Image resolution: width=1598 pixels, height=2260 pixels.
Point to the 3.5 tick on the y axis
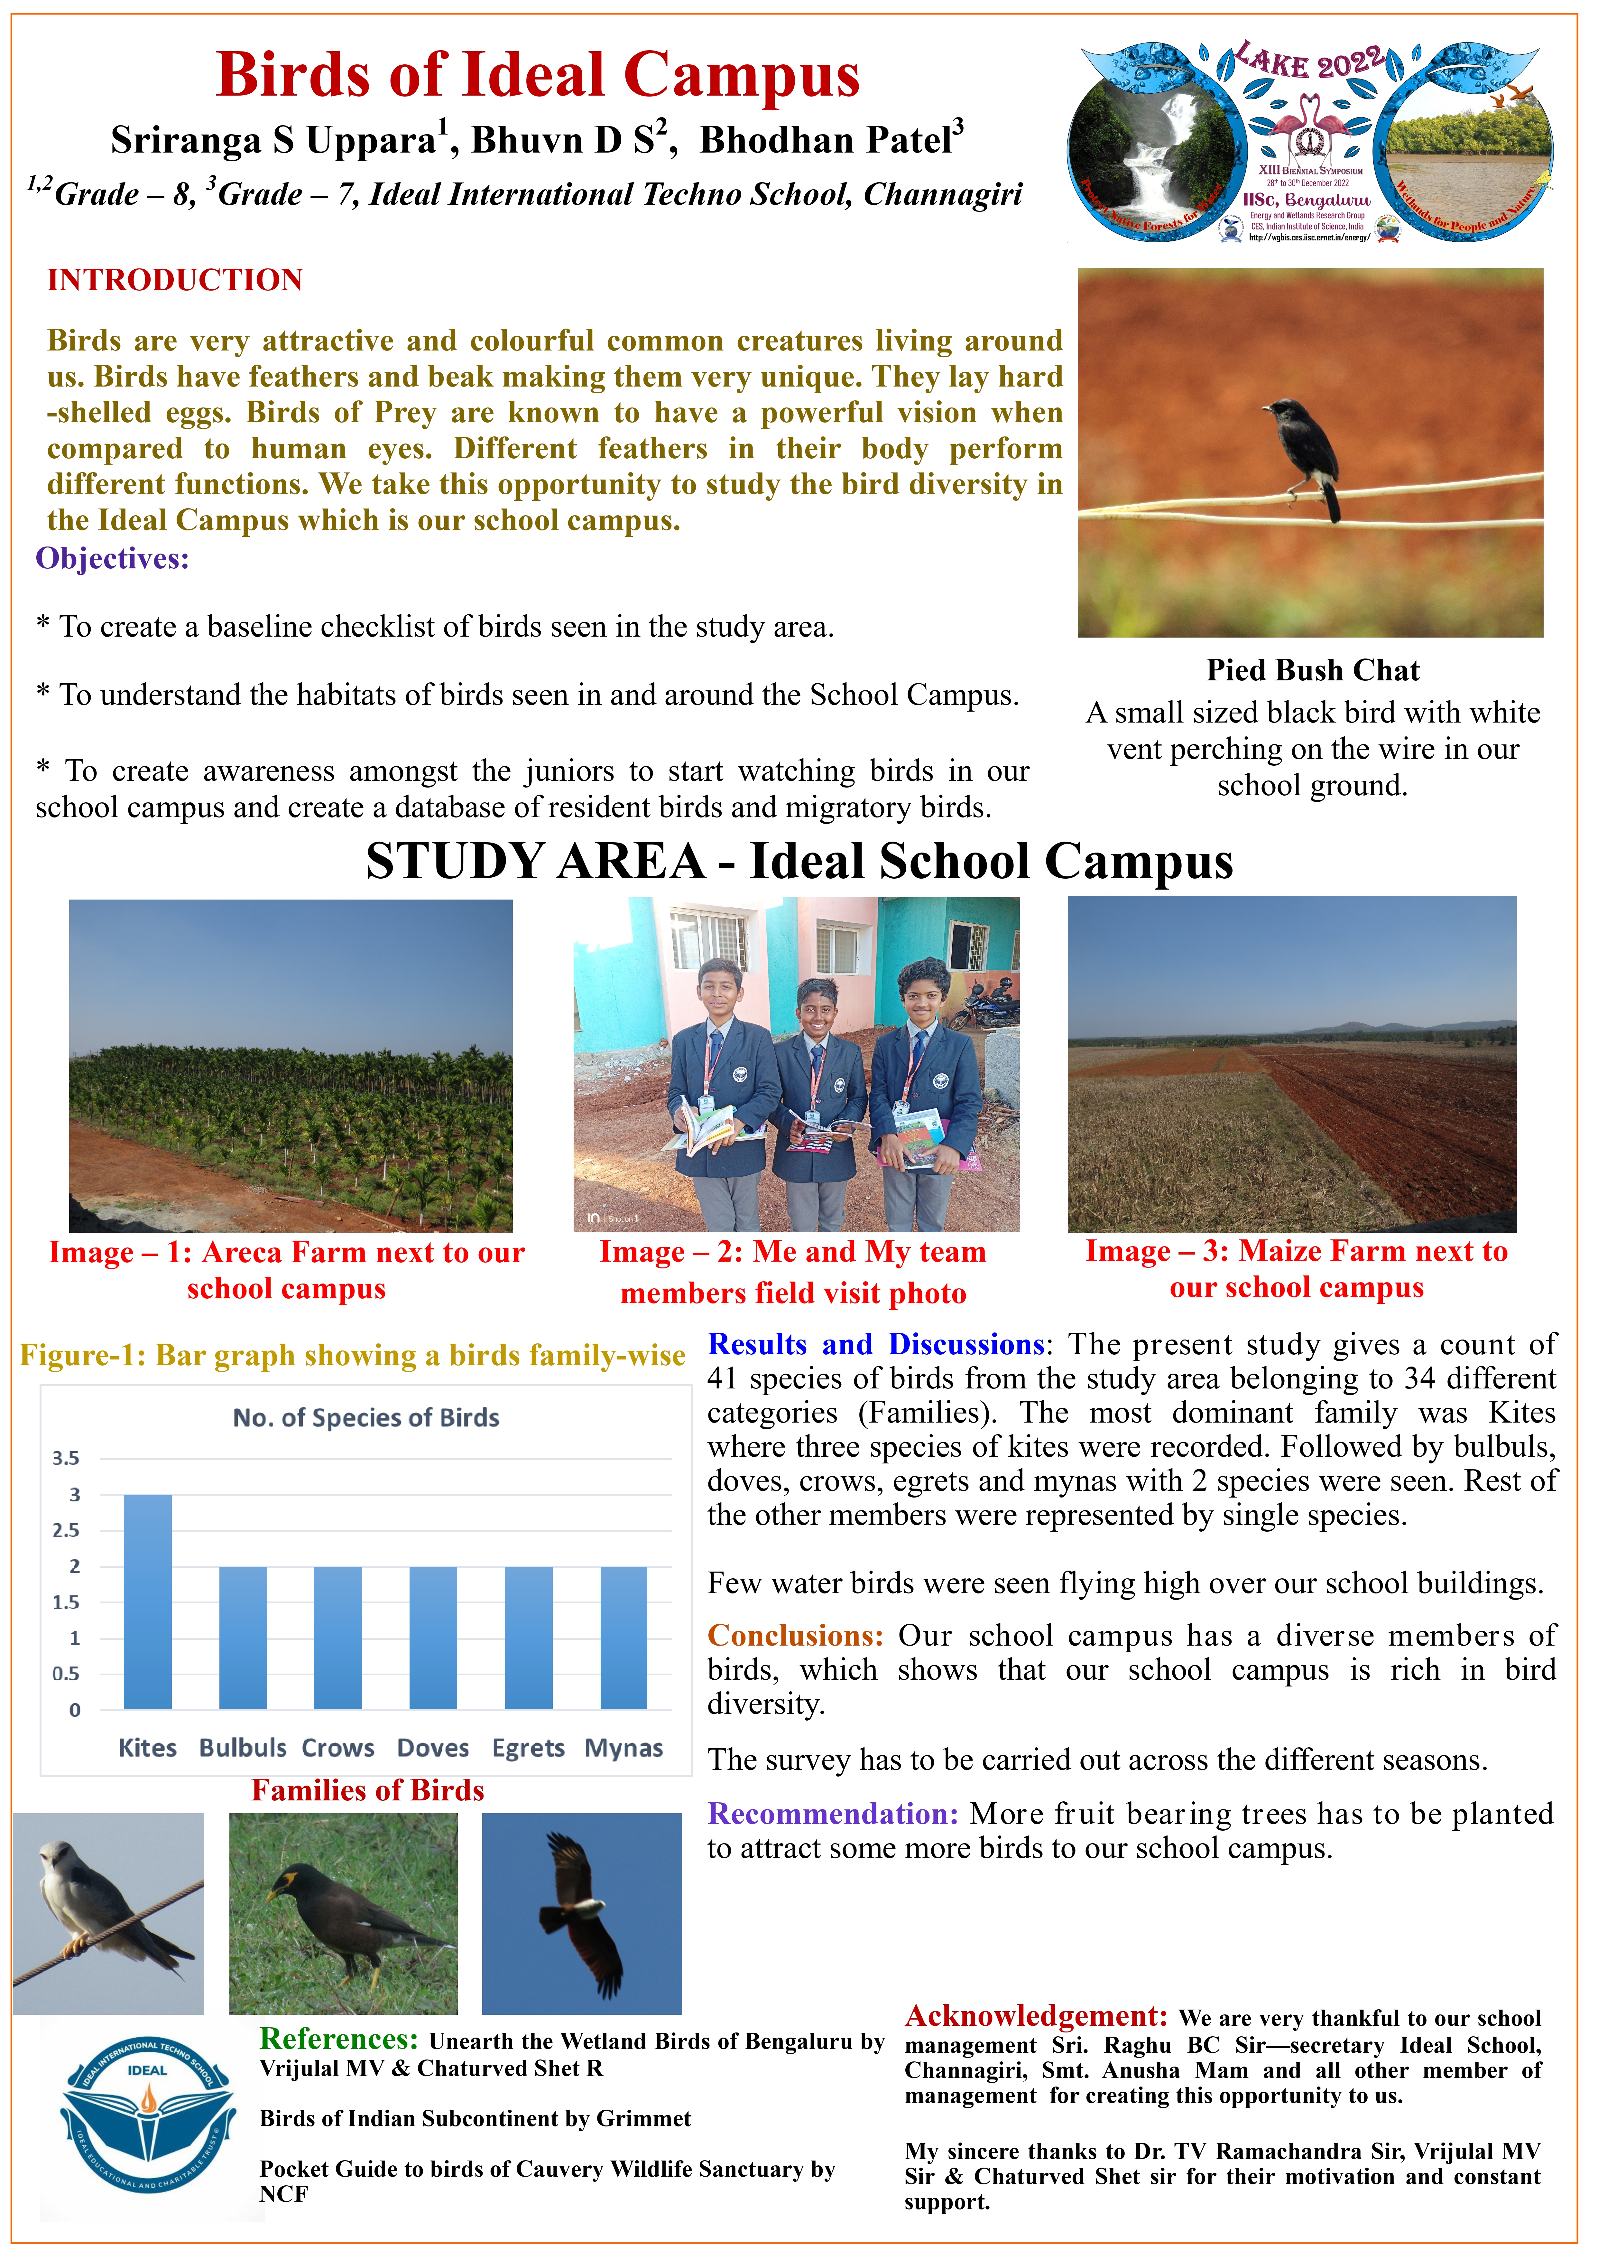pyautogui.click(x=66, y=1458)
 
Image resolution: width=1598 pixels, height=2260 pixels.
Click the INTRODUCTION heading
pyautogui.click(x=175, y=281)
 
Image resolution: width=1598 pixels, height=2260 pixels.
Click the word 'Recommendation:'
pyautogui.click(x=832, y=1814)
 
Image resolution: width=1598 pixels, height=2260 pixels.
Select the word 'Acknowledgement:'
pyautogui.click(x=1035, y=2017)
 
